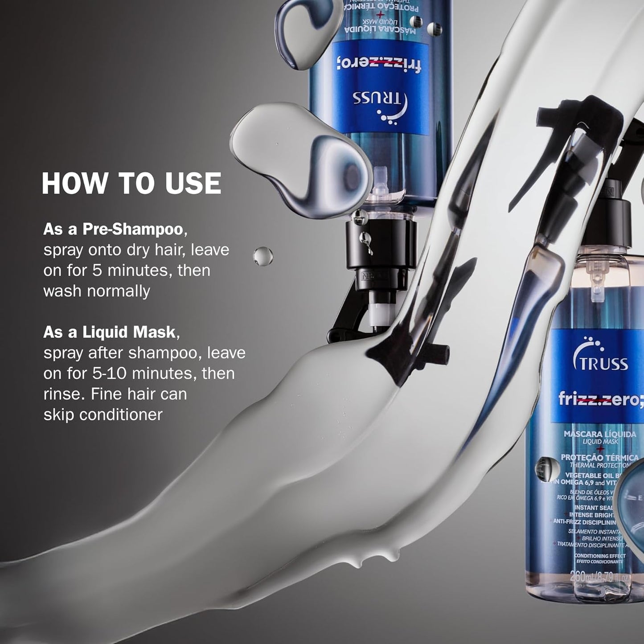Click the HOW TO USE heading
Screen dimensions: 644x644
(x=131, y=183)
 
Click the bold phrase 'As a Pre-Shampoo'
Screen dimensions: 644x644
(x=113, y=229)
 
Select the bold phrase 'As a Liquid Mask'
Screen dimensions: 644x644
(x=109, y=332)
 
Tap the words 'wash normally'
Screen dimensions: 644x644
(x=97, y=291)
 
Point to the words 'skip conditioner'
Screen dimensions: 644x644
(x=103, y=414)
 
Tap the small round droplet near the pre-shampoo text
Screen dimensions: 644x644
(x=263, y=256)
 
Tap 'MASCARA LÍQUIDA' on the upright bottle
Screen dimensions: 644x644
(x=599, y=434)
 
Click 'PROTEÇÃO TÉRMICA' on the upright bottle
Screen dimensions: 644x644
(x=599, y=457)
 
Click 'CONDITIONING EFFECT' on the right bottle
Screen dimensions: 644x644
(x=599, y=556)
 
